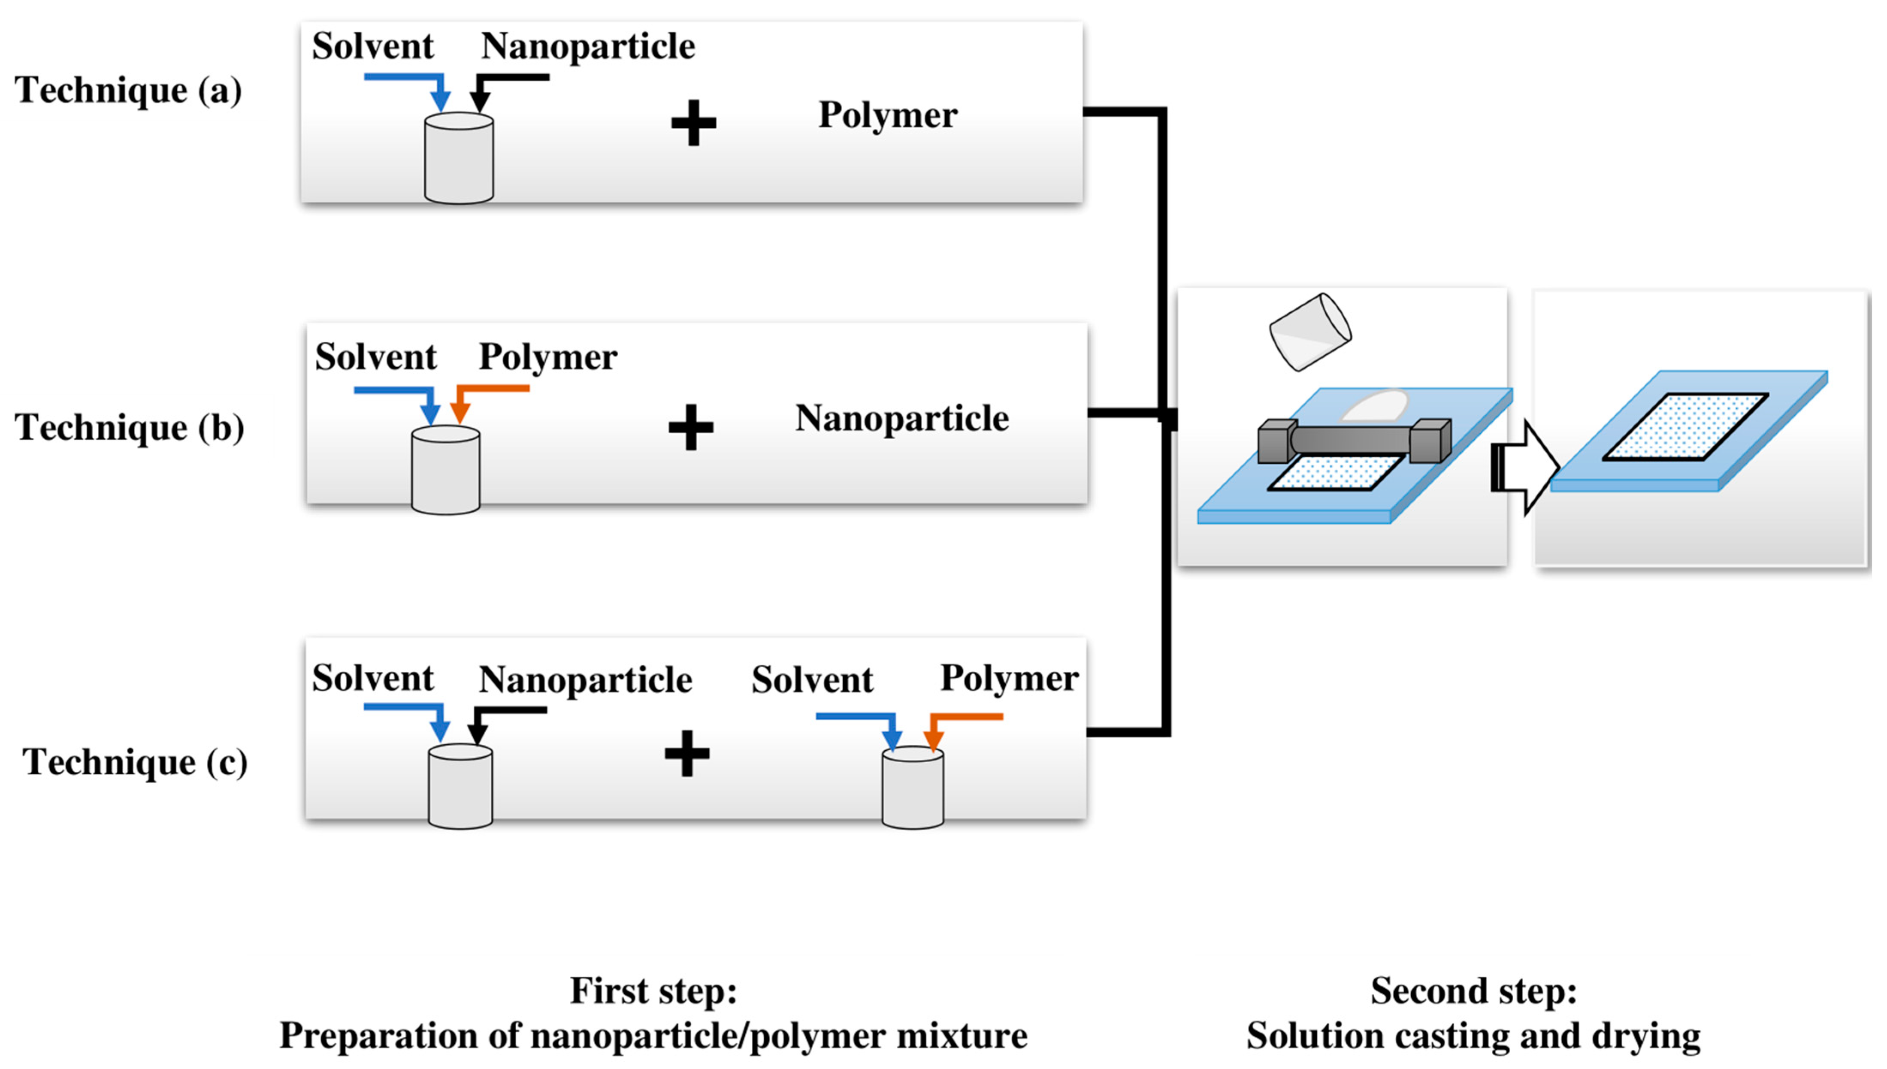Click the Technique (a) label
point(128,91)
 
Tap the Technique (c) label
point(135,762)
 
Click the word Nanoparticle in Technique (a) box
point(587,46)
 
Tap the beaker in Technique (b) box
point(446,470)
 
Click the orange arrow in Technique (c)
point(947,723)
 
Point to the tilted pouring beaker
point(1311,332)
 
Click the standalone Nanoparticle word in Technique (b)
point(901,419)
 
